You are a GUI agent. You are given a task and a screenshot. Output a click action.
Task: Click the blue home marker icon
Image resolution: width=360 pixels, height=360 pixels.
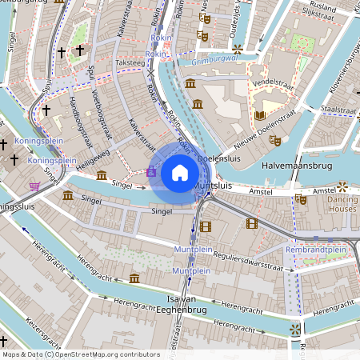tap(180, 172)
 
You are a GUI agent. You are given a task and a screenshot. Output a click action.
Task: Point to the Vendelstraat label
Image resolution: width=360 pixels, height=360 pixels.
tap(270, 82)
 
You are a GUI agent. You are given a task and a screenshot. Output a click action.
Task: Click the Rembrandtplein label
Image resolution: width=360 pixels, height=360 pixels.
tap(316, 250)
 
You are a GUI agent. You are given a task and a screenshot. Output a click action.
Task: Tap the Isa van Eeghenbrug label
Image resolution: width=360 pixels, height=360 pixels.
tap(182, 302)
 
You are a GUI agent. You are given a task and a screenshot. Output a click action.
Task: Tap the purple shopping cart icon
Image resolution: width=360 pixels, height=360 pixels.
tap(34, 186)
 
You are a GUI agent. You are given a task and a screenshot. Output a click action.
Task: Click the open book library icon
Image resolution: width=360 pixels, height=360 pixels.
tap(260, 115)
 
